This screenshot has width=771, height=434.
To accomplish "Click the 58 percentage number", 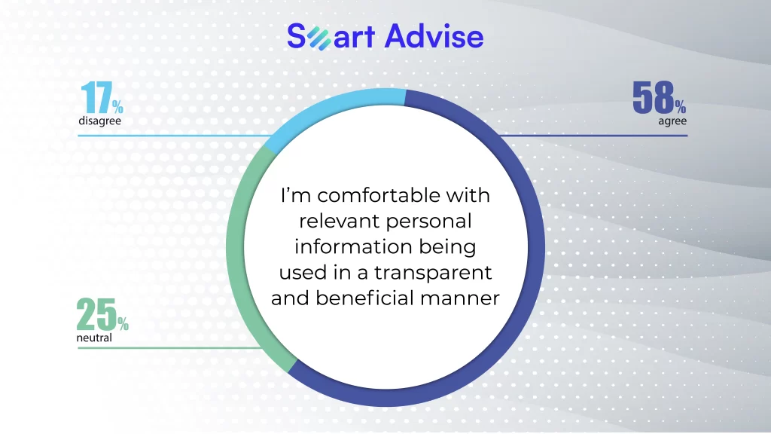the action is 659,97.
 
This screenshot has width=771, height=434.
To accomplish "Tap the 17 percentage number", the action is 102,97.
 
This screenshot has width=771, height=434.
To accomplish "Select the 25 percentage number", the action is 102,314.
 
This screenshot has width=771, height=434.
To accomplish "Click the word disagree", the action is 100,121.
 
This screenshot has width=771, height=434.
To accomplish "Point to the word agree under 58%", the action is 672,121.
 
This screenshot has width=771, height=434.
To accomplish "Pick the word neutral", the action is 94,338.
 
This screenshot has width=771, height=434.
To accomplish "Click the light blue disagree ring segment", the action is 325,112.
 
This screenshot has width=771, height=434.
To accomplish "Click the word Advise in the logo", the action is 434,36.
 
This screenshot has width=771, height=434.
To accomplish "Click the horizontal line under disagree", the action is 175,136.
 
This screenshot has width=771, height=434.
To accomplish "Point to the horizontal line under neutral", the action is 169,348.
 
